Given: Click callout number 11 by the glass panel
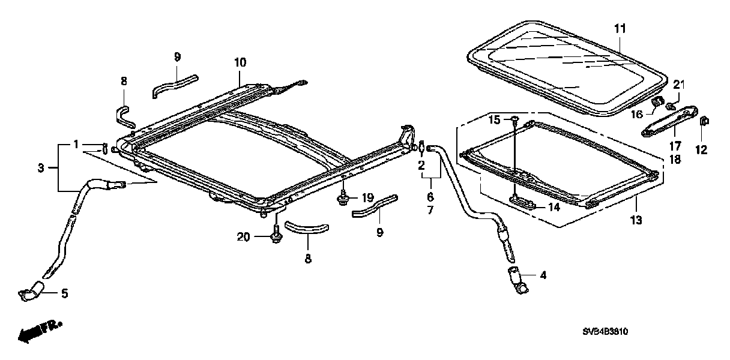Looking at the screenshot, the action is point(620,28).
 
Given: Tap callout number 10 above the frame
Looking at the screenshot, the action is point(240,62).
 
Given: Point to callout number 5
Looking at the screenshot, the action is point(64,294).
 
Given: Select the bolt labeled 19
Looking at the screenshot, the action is point(343,198).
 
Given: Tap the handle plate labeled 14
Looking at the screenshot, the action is point(523,202).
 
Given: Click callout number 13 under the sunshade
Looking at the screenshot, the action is point(636,220).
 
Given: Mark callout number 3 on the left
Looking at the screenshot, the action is point(40,168).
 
